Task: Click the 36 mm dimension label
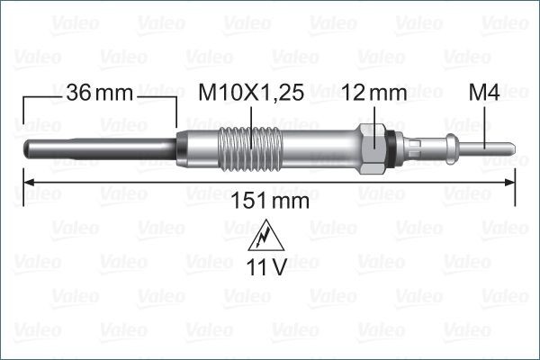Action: [x=99, y=93]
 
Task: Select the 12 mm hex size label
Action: [x=374, y=93]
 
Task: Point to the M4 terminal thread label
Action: [x=485, y=93]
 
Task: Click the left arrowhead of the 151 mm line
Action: [x=26, y=183]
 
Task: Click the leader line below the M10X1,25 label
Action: [x=244, y=117]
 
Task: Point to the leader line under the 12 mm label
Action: [x=374, y=117]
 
